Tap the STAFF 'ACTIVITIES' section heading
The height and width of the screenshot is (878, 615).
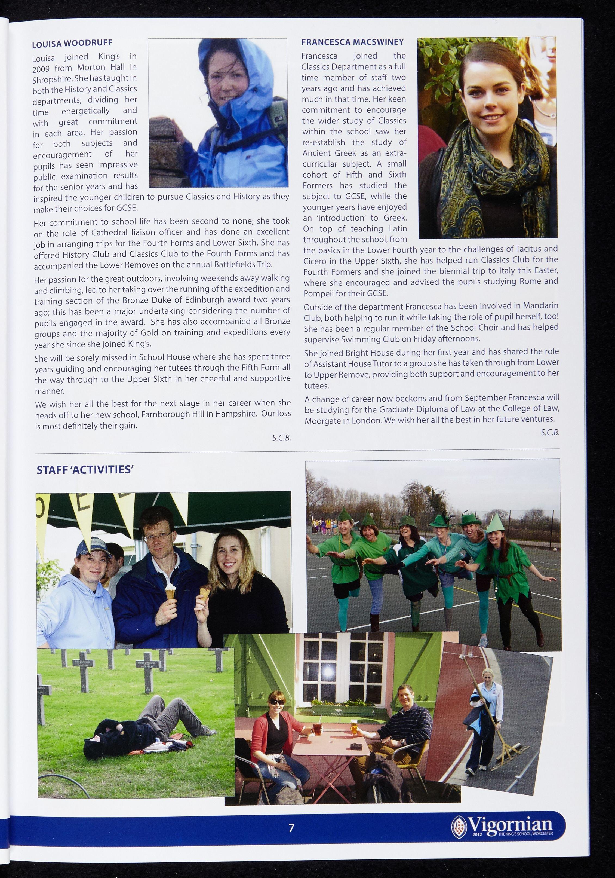[x=84, y=470]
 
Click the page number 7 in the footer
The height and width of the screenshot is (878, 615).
[x=291, y=828]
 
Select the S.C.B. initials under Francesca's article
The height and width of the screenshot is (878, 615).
[x=550, y=433]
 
